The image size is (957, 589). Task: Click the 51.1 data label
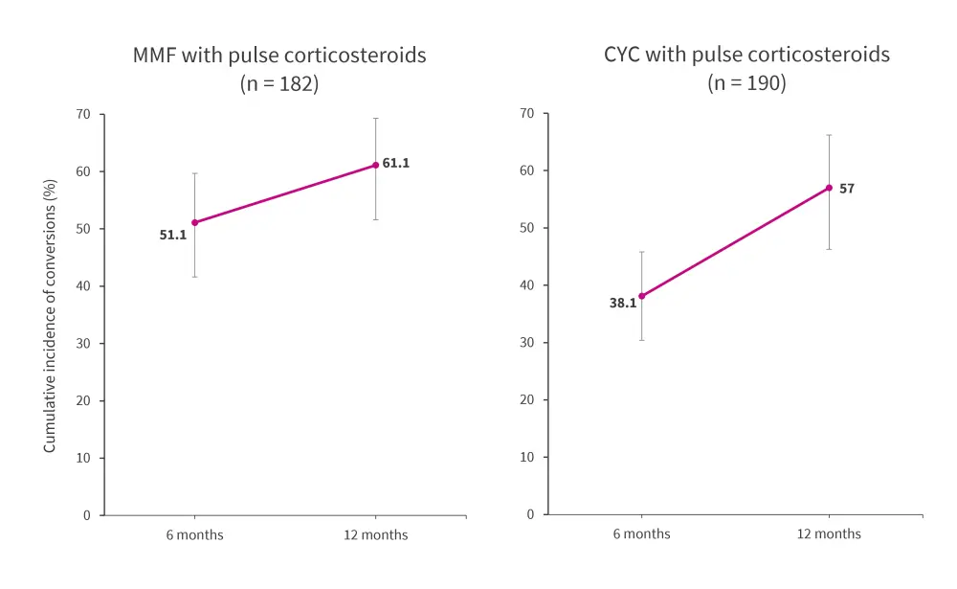[x=173, y=234]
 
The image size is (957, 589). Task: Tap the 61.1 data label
[x=396, y=163]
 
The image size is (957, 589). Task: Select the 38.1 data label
[x=623, y=303]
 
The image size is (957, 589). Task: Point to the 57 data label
[x=847, y=189]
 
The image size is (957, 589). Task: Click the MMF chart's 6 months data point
[x=194, y=222]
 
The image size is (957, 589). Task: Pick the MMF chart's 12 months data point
[x=375, y=165]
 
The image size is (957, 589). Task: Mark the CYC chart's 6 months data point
[x=642, y=296]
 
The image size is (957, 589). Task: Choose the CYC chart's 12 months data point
[x=829, y=188]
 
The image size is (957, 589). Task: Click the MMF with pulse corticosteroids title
[x=279, y=55]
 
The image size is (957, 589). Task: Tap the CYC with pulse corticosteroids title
[x=746, y=55]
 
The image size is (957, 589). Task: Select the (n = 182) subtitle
[x=279, y=83]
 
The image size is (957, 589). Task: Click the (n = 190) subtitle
[x=746, y=83]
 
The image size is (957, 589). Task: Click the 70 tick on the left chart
[x=83, y=114]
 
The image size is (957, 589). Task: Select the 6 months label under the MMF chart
[x=194, y=534]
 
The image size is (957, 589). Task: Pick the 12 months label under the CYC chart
[x=829, y=533]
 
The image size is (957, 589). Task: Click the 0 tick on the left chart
[x=87, y=515]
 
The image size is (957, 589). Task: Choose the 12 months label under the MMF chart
[x=375, y=534]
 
